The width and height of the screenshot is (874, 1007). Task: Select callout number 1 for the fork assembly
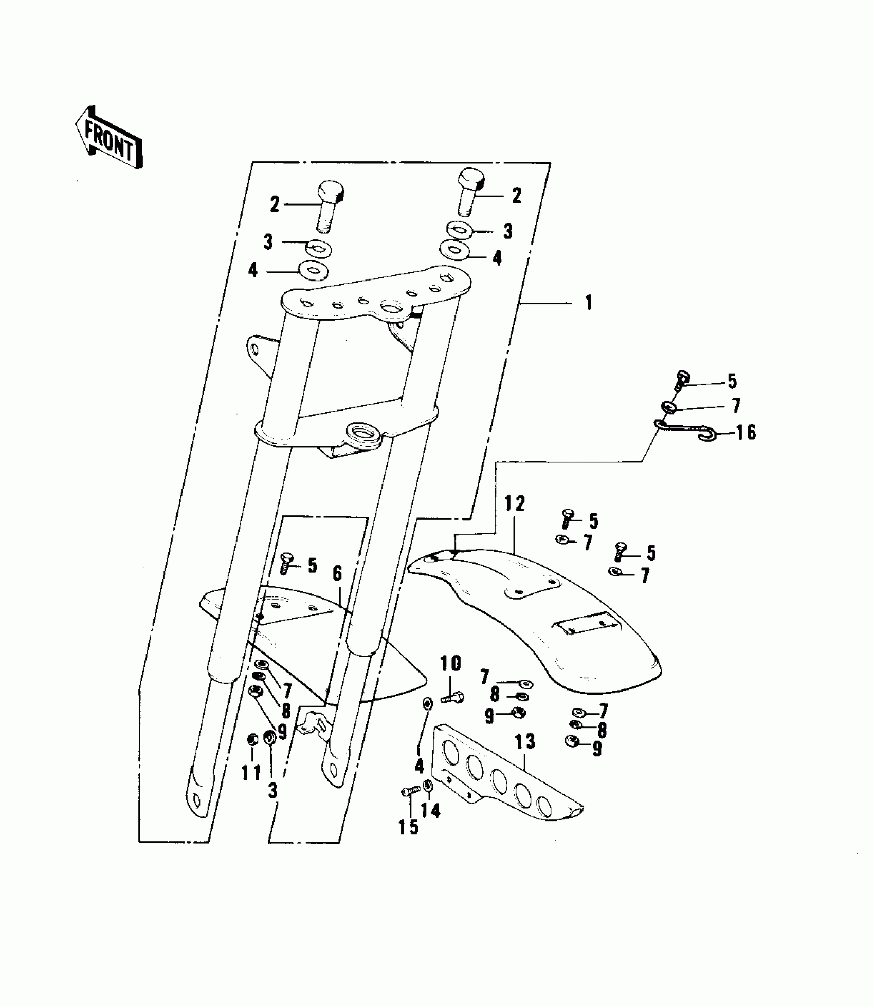(x=589, y=303)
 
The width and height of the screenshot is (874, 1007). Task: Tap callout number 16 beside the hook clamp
(x=745, y=433)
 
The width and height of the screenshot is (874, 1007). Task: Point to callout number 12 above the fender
(x=514, y=504)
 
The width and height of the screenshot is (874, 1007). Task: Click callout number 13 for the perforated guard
(x=525, y=742)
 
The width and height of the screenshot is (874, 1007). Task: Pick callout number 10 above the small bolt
(x=450, y=664)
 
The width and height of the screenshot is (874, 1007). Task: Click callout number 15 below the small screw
(x=409, y=828)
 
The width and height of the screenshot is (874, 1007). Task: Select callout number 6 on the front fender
(x=337, y=573)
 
